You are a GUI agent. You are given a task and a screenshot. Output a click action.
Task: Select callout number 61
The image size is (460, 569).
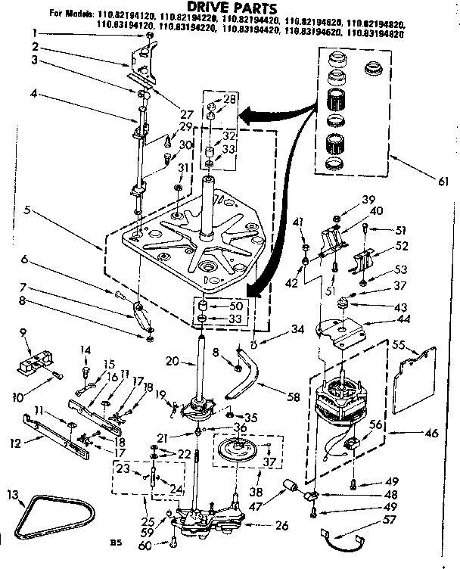pyautogui.click(x=443, y=182)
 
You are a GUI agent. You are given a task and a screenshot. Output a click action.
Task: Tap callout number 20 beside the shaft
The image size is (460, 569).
pyautogui.click(x=171, y=362)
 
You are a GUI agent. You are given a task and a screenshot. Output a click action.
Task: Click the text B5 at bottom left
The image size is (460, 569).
pyautogui.click(x=115, y=542)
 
